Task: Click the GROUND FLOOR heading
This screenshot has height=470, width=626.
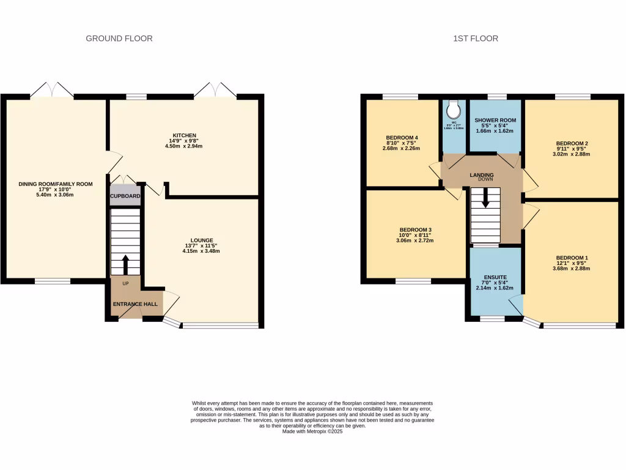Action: tap(119, 39)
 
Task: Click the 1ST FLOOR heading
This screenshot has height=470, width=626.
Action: tap(476, 39)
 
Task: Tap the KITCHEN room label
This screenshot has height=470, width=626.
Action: tap(184, 135)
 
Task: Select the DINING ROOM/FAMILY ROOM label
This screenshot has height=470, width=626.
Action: tap(55, 184)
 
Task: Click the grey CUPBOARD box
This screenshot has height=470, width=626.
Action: tap(125, 196)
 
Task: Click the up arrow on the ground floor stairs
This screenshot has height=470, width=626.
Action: tap(126, 264)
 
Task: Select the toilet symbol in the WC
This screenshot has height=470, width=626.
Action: tap(454, 110)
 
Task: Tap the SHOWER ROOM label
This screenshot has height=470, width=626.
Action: tap(496, 120)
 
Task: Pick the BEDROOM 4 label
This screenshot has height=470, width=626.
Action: tap(402, 137)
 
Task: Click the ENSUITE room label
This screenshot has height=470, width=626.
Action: tap(496, 277)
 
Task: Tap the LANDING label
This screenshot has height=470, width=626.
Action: tap(482, 175)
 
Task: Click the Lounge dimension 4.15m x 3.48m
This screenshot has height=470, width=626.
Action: tap(202, 252)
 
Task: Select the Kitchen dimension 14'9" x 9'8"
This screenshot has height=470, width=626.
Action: tap(185, 141)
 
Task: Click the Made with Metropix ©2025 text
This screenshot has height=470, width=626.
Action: tap(312, 431)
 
